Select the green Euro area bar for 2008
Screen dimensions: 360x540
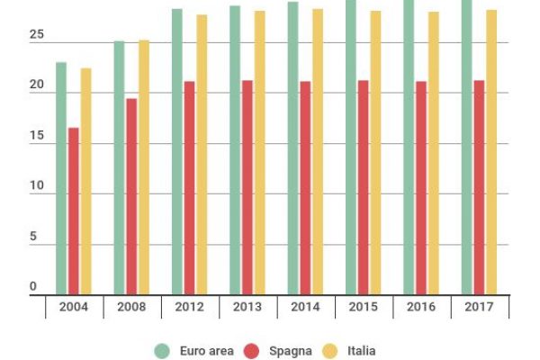pyautogui.click(x=119, y=168)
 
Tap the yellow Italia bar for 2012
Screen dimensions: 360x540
pyautogui.click(x=202, y=155)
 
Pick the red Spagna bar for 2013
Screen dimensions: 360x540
pyautogui.click(x=247, y=187)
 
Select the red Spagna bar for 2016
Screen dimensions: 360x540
pyautogui.click(x=421, y=188)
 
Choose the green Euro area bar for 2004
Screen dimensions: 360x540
pyautogui.click(x=61, y=178)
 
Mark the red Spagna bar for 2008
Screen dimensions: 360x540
pyautogui.click(x=131, y=196)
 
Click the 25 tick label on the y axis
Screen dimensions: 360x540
pyautogui.click(x=36, y=35)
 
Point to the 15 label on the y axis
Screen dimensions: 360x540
pyautogui.click(x=36, y=136)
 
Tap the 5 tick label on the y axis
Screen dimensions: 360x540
pyautogui.click(x=33, y=238)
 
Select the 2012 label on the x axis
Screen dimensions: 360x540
pyautogui.click(x=189, y=307)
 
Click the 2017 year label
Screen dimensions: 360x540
pyautogui.click(x=479, y=307)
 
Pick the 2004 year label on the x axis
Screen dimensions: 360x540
pyautogui.click(x=73, y=307)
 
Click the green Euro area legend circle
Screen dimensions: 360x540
pyautogui.click(x=162, y=350)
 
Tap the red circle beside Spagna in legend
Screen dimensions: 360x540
pyautogui.click(x=252, y=350)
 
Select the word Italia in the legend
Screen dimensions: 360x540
pyautogui.click(x=359, y=350)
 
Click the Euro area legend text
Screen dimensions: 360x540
pyautogui.click(x=206, y=350)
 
